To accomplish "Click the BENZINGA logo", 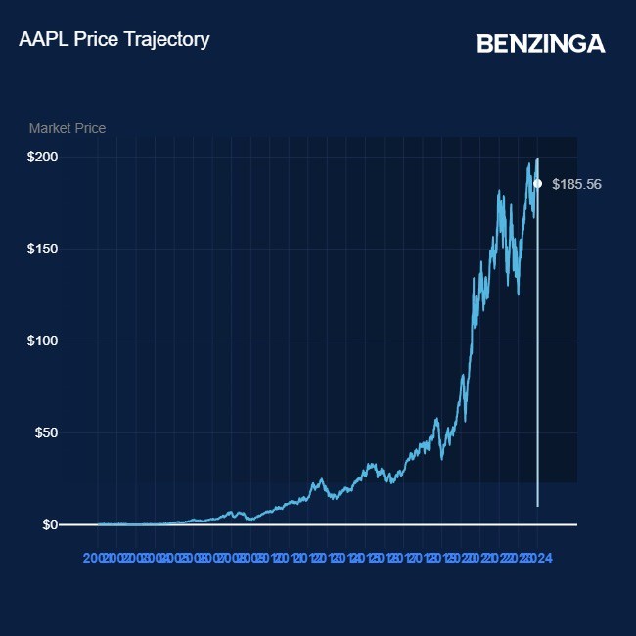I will click(540, 44).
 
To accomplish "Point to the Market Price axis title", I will click(68, 128).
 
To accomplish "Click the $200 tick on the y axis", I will click(43, 157).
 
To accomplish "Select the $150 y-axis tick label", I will click(43, 249).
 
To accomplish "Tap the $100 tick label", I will click(43, 341).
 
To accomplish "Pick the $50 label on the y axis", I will click(46, 432).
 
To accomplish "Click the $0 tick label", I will click(50, 524).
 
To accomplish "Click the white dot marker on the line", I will click(537, 183).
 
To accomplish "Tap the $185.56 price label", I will click(577, 184).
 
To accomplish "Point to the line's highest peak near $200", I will click(537, 159).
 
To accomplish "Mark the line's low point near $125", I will click(518, 294).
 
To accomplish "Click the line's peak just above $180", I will click(499, 190).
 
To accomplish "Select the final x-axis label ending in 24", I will click(542, 558).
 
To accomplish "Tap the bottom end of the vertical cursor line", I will click(537, 505).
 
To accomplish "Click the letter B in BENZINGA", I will click(484, 44).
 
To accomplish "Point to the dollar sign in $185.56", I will click(556, 184).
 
